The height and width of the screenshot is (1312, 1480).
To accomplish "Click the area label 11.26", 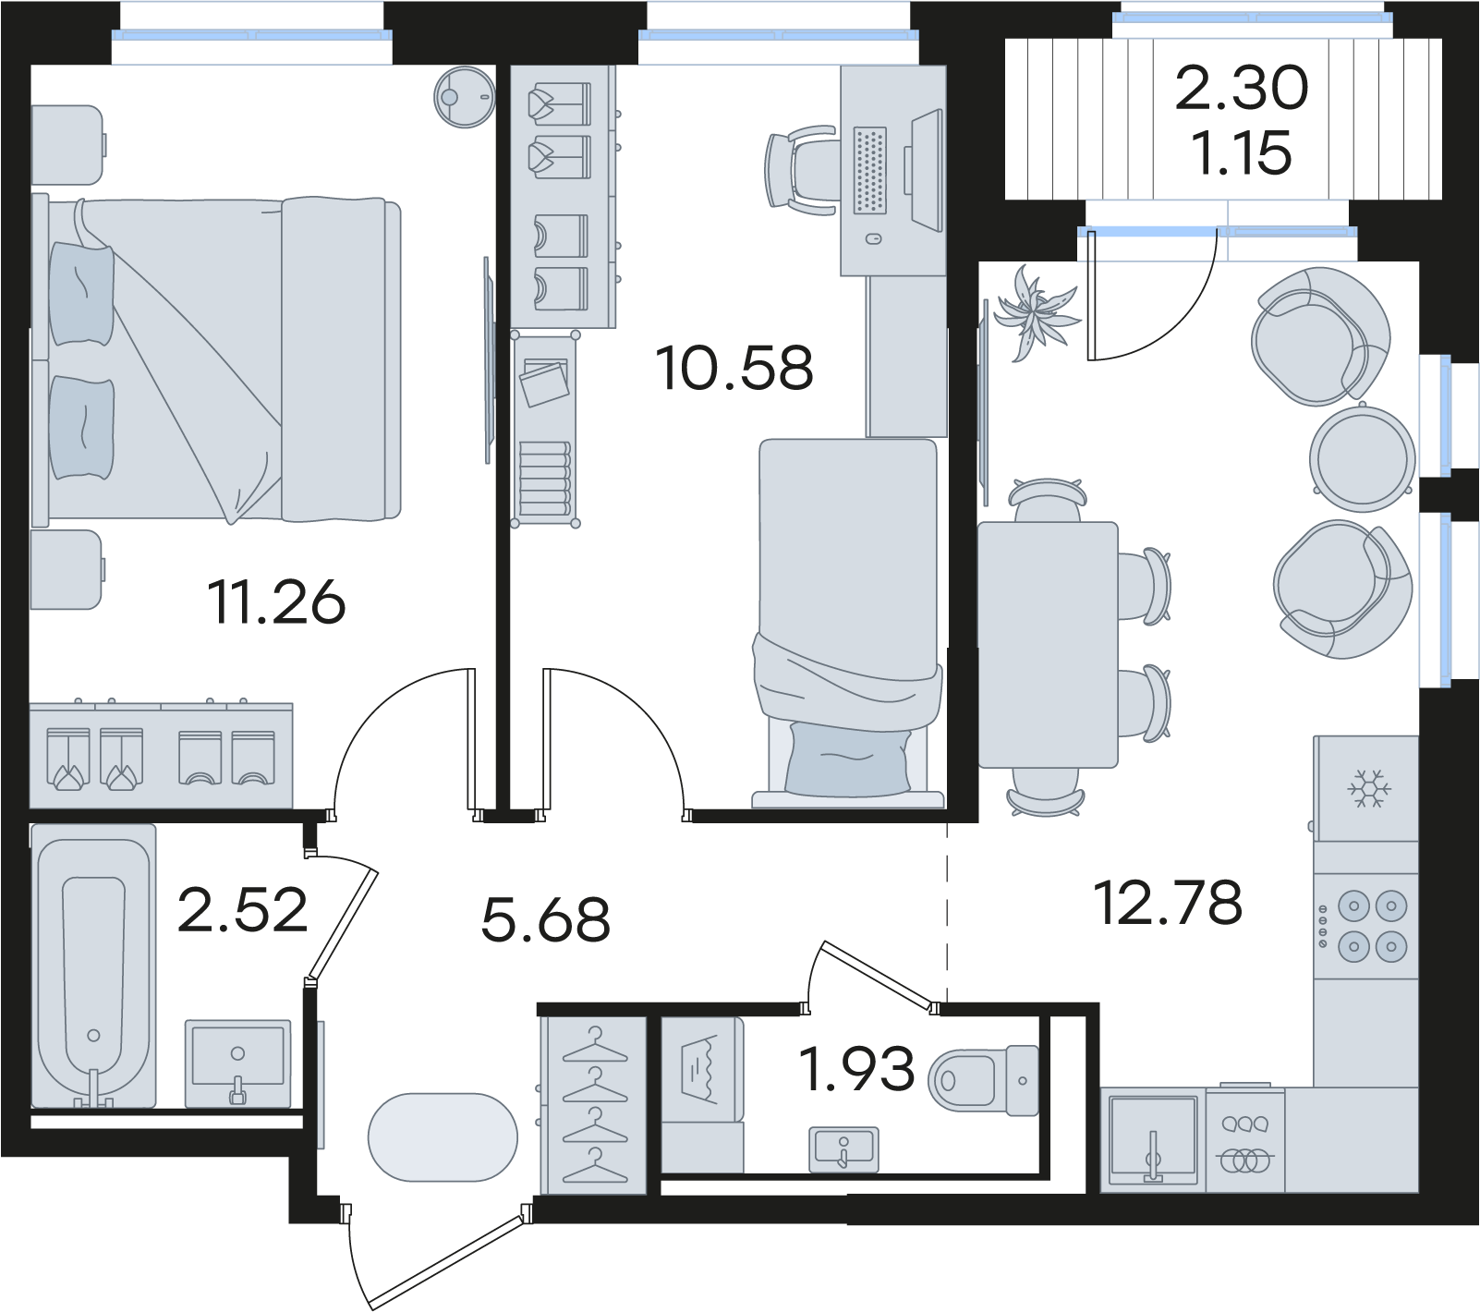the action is pos(276,601).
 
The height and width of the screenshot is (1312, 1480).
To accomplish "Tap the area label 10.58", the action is pos(734,367).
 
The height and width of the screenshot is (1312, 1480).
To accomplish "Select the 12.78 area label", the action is pos(1168,903).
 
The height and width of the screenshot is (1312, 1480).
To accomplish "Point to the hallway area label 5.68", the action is pos(546,919).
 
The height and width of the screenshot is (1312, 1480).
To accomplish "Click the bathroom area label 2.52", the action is pos(242,910).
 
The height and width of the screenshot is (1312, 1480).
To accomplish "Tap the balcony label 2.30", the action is pos(1242,89).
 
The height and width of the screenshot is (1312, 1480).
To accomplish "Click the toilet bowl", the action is pos(983,1080).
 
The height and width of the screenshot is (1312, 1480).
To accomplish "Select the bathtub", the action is pos(93,966).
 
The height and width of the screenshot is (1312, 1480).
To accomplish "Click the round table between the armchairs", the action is pos(1363,457).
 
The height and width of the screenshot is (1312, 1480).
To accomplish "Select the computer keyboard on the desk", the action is pos(869,171).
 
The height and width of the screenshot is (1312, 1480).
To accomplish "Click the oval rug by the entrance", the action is pos(443,1137).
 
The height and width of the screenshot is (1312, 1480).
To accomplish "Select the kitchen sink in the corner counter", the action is pos(1153,1138).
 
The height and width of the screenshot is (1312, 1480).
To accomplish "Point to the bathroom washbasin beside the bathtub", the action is pos(238,1063).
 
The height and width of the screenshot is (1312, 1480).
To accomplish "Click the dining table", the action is pos(1049,645).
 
